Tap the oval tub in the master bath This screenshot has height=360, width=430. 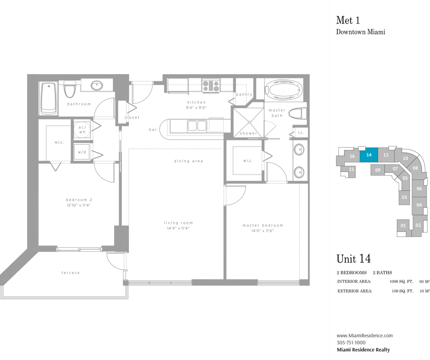284,90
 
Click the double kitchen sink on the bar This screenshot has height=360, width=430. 197,126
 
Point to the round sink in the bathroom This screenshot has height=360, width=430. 97,85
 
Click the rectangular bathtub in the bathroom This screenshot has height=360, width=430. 49,98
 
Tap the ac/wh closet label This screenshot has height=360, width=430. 82,130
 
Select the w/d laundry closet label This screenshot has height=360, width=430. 82,152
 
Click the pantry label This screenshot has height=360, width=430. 244,95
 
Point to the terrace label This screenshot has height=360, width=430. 71,273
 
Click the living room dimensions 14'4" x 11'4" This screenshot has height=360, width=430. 178,228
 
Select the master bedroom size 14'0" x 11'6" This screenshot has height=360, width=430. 263,230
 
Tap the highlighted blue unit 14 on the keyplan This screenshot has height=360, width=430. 369,155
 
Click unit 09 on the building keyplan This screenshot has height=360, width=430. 377,170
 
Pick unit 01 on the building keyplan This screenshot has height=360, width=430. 403,226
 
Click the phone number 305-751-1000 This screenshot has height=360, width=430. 351,342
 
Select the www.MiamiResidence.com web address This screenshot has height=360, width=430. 365,336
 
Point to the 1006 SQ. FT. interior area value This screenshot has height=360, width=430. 401,282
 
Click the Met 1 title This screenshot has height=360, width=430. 348,20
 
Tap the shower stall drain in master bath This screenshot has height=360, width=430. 249,122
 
